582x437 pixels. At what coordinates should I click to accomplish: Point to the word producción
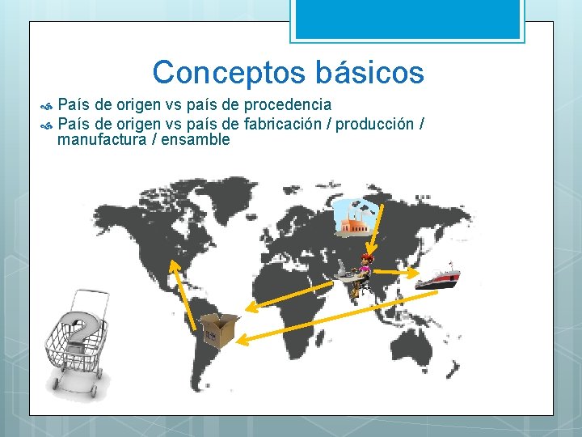point(373,124)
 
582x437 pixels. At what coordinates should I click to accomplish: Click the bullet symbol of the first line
point(46,105)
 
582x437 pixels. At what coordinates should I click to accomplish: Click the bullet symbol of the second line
point(46,125)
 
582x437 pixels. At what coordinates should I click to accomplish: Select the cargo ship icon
point(437,277)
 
